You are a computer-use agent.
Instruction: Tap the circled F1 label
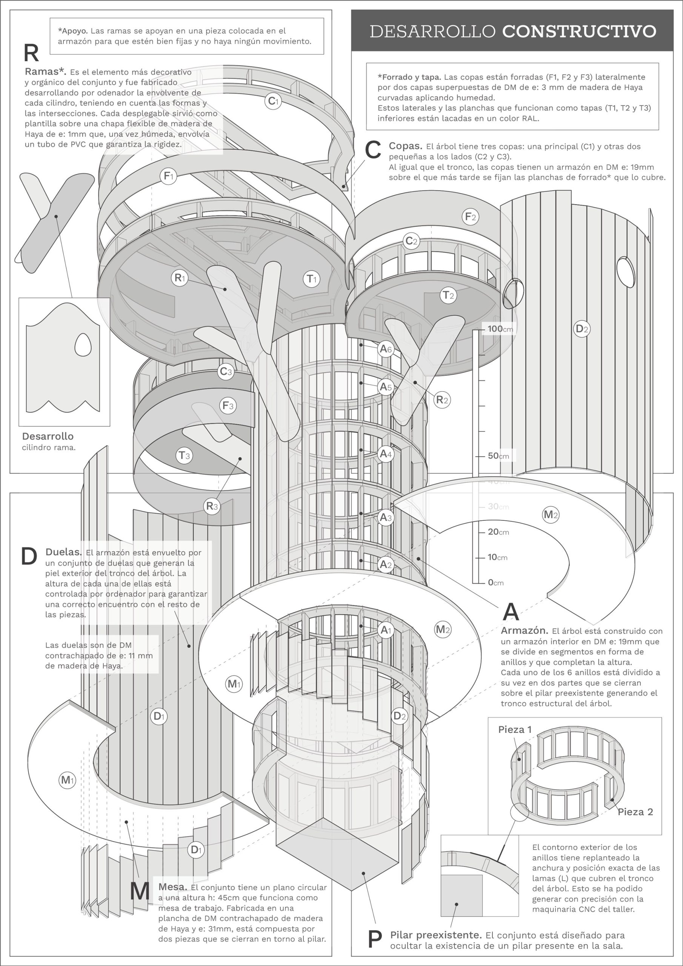point(168,176)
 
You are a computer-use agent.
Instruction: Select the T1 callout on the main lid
point(311,278)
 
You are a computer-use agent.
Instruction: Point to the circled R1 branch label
point(180,278)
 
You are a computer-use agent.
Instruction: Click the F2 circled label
point(471,217)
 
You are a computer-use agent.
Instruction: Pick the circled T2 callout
point(449,295)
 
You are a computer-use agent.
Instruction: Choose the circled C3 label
point(226,372)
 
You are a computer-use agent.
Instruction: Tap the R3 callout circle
point(212,506)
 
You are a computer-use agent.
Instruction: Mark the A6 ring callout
point(386,349)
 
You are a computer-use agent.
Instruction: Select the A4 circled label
point(386,454)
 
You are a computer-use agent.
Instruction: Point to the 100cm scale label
point(500,329)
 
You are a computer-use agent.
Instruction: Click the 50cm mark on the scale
point(498,456)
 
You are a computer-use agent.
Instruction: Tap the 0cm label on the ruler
point(496,583)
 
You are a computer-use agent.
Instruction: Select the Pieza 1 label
point(515,729)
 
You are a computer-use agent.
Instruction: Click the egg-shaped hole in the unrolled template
point(83,345)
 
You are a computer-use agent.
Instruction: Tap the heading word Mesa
point(172,887)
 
